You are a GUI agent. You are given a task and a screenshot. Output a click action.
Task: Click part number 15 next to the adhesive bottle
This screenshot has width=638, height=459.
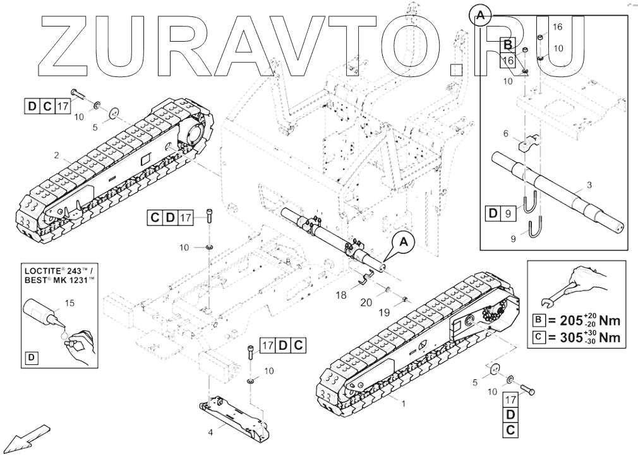pos(70,304)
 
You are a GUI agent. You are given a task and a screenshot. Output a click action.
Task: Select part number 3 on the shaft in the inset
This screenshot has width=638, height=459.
pos(589,185)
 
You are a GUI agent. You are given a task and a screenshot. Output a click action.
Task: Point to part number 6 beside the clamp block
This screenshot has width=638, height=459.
pos(505,134)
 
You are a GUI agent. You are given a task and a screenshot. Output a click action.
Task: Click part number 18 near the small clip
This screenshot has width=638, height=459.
pos(340,295)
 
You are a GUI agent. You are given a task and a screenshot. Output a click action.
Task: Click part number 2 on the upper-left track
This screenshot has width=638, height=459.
pos(56,155)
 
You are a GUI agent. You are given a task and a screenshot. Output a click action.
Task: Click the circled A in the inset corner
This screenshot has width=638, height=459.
pos(480,15)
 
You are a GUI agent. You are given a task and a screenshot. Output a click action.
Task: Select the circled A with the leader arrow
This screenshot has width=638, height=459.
pos(405,241)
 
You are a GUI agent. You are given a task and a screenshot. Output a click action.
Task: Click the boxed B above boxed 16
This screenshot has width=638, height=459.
pos(507,45)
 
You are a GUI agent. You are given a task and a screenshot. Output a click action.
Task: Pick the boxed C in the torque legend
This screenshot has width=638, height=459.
pos(539,337)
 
